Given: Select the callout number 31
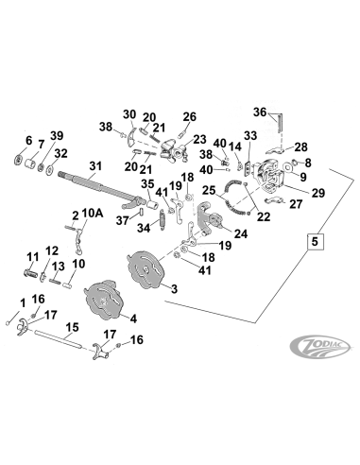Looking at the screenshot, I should (x=93, y=167).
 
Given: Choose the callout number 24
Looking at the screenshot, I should (x=241, y=233).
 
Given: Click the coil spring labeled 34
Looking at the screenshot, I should (x=163, y=223).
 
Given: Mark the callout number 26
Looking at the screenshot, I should (x=190, y=117).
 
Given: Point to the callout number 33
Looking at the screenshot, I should (x=249, y=136).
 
